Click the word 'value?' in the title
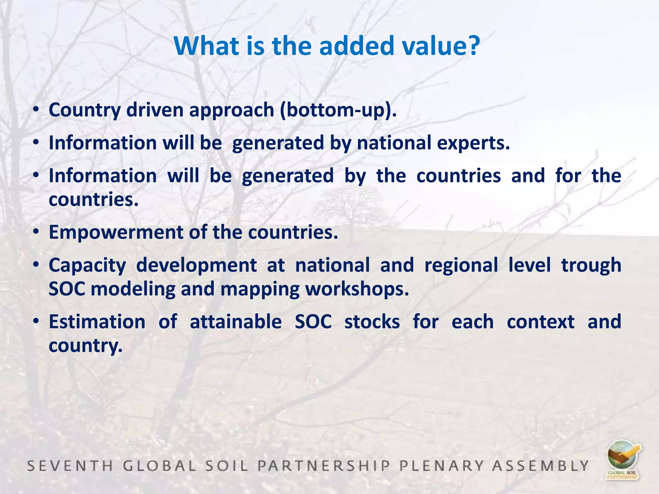point(441,46)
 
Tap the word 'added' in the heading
point(356,46)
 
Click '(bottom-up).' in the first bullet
point(338,110)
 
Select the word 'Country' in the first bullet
point(84,110)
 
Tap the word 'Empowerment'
point(116,233)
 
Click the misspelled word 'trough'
point(591,266)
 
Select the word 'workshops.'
point(357,289)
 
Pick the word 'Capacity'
point(87,266)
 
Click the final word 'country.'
point(86,346)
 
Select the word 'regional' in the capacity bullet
point(461,266)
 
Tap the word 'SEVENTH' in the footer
point(70,466)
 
